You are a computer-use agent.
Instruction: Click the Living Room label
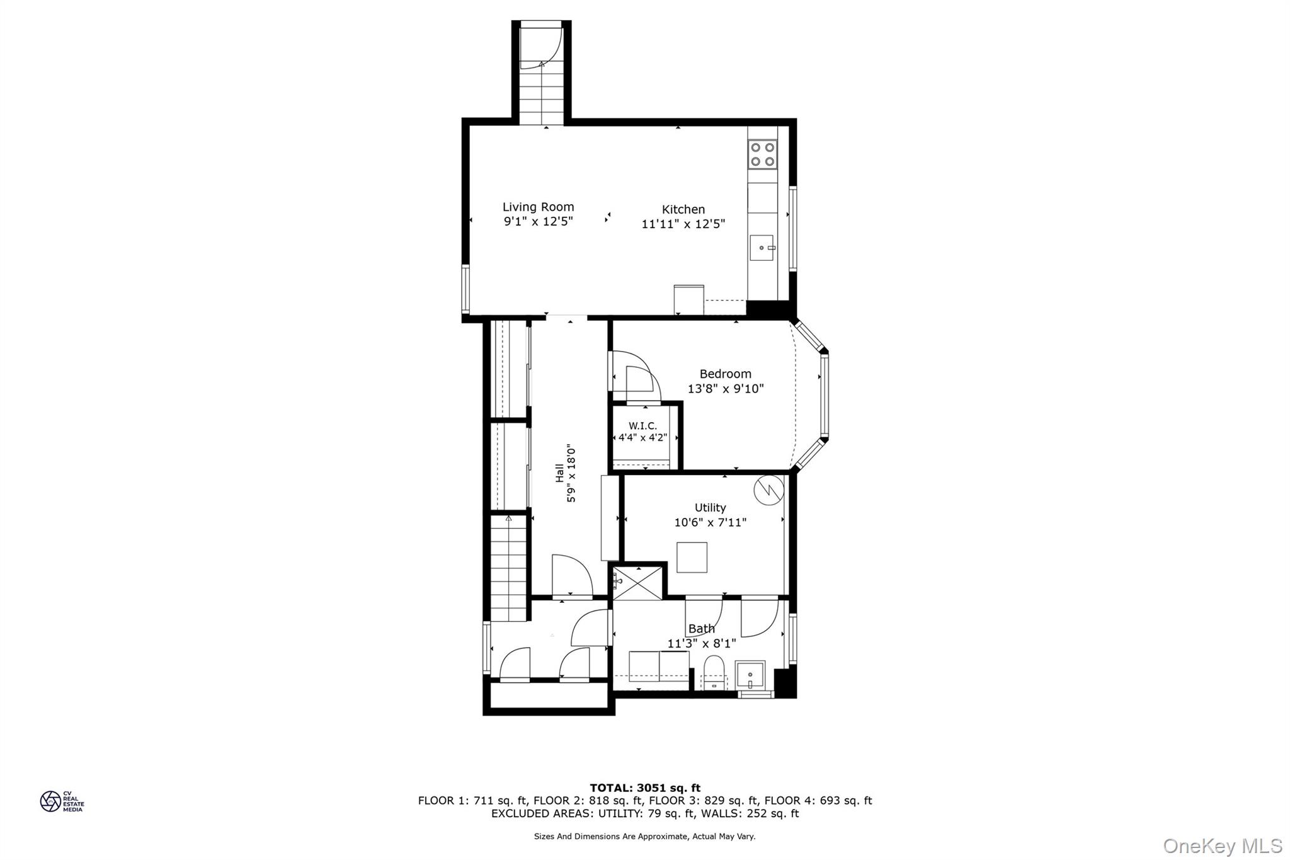tap(538, 207)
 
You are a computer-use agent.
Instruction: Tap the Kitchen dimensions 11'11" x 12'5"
tap(683, 224)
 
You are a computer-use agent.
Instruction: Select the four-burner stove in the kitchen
tap(762, 154)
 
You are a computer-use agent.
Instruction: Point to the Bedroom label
tap(725, 374)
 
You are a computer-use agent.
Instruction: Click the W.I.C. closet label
tap(642, 427)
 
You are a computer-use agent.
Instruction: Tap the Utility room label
tap(710, 507)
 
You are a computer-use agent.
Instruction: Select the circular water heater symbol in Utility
tap(768, 490)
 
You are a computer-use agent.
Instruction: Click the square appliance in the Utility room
tap(692, 557)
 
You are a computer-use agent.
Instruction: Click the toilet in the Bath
tap(714, 673)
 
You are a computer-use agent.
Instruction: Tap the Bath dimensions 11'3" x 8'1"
tap(702, 643)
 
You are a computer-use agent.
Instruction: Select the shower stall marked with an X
tap(637, 583)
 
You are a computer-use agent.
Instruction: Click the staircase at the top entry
tap(541, 95)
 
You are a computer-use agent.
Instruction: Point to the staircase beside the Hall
tap(508, 567)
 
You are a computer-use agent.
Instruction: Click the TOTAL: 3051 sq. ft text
tap(645, 788)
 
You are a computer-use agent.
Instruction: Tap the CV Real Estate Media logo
tap(61, 801)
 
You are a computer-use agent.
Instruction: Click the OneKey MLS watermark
tap(1222, 846)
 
